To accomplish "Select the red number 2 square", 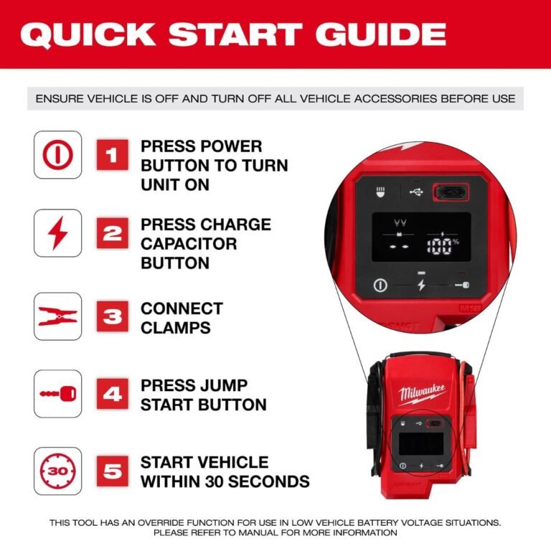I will coord(113,233).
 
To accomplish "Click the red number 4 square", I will coord(113,394).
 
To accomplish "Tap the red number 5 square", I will coord(113,471).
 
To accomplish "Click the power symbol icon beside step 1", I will coord(57,156).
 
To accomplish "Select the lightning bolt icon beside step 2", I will coord(57,233).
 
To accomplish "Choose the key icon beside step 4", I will coord(57,394).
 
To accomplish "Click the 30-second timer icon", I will coord(57,471).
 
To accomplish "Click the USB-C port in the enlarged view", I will coord(450,192).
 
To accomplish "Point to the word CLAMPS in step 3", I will coord(176,327).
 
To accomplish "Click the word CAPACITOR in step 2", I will coord(189,243).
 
